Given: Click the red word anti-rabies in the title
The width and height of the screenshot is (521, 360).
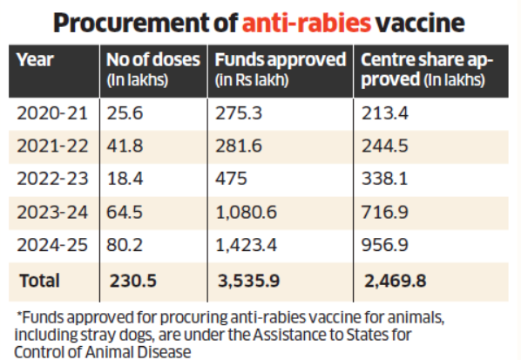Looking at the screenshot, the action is pyautogui.click(x=307, y=23).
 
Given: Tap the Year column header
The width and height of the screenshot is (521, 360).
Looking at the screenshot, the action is pyautogui.click(x=35, y=60).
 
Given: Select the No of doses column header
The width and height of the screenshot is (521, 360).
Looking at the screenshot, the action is pyautogui.click(x=153, y=70).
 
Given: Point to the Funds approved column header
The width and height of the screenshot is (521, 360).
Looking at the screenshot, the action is pyautogui.click(x=281, y=70).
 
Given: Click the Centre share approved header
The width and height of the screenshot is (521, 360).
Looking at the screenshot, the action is pyautogui.click(x=427, y=70).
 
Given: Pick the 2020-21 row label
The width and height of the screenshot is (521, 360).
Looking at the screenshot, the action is pyautogui.click(x=52, y=113).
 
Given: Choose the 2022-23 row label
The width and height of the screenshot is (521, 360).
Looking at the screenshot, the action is pyautogui.click(x=52, y=179).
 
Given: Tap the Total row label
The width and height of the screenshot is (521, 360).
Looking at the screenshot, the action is pyautogui.click(x=39, y=281).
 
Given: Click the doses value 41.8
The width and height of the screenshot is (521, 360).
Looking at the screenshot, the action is pyautogui.click(x=125, y=146).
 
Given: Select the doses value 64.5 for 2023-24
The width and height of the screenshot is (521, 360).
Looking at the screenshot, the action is pyautogui.click(x=125, y=212).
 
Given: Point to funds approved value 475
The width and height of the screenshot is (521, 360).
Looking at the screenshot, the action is pyautogui.click(x=231, y=179).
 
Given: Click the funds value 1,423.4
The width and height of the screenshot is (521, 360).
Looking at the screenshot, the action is pyautogui.click(x=246, y=245).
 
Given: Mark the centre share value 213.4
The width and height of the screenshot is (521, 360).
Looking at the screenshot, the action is pyautogui.click(x=385, y=113).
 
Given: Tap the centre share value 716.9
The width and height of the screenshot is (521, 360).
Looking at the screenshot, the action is pyautogui.click(x=384, y=212).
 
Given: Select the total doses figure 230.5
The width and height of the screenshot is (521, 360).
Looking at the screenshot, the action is pyautogui.click(x=133, y=281).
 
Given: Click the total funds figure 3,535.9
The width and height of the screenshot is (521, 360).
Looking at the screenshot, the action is pyautogui.click(x=249, y=281).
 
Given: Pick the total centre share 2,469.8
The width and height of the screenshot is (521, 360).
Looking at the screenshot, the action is pyautogui.click(x=395, y=281).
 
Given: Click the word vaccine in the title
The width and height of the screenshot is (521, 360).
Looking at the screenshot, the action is pyautogui.click(x=420, y=23).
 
